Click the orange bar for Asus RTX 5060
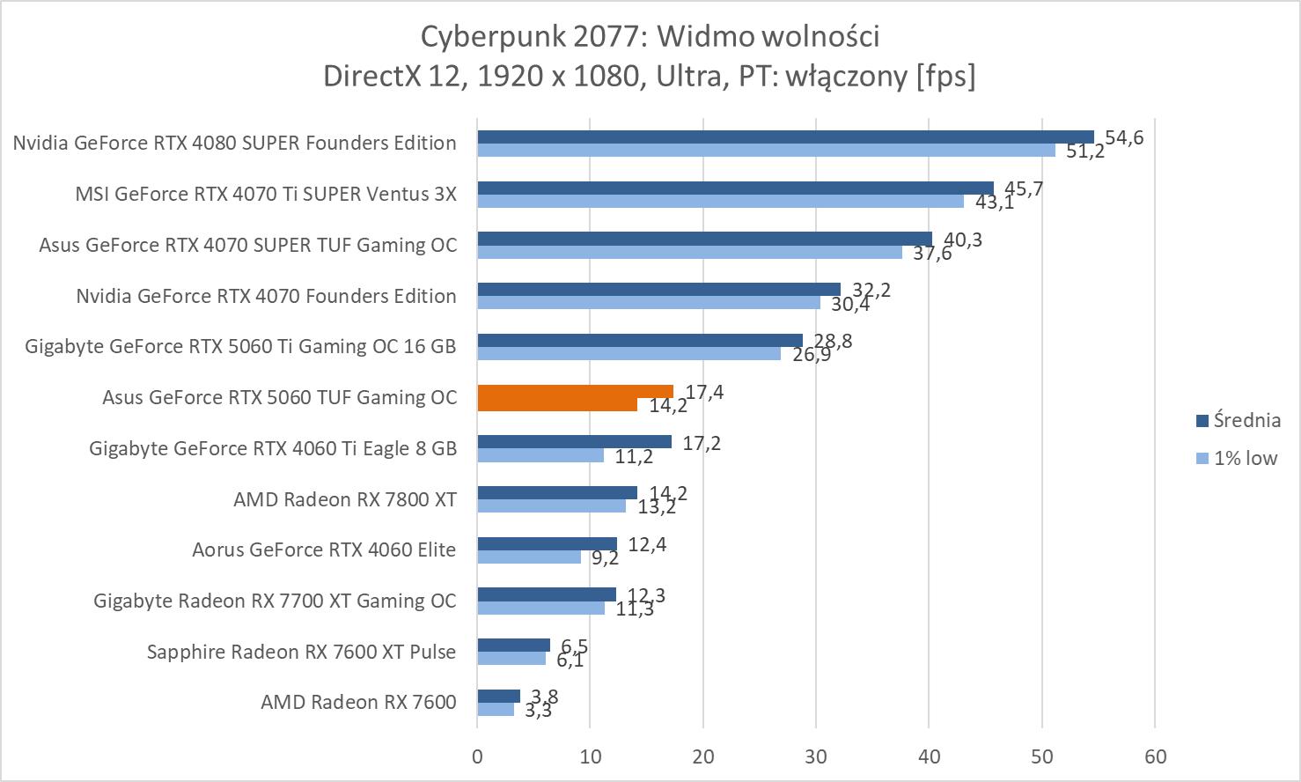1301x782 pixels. pos(575,392)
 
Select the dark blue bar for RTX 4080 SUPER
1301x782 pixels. pos(785,136)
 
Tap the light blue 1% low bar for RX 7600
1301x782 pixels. pos(496,709)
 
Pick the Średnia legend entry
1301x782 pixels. pos(1238,420)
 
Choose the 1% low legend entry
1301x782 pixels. pos(1237,458)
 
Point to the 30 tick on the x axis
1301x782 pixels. pos(816,756)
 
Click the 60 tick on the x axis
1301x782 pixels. pos(1155,756)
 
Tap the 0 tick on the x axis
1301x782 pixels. pos(477,756)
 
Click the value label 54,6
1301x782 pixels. pos(1124,137)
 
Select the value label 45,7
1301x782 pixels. pos(1024,188)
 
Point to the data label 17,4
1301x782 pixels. pos(704,392)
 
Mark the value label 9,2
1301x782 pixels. pos(605,557)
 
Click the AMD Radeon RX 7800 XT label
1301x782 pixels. pos(345,499)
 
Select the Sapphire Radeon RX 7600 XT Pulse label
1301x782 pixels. pos(301,652)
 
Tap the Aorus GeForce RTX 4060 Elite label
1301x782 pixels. pos(324,550)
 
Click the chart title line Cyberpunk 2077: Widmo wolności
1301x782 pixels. pos(650,36)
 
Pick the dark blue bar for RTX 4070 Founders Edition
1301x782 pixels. pos(658,290)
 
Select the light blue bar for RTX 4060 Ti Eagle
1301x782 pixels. pos(540,455)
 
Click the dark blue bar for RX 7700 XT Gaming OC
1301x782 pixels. pos(547,594)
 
